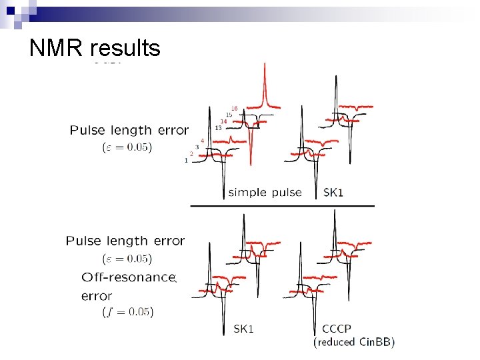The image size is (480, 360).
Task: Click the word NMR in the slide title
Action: coord(57,48)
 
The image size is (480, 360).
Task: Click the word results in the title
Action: coord(125,48)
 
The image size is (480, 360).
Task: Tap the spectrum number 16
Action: coord(234,108)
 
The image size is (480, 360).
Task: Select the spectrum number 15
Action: coord(229,115)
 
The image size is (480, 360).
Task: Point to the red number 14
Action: coord(223,121)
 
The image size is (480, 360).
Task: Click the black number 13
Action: coord(218,127)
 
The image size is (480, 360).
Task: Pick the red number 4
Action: coord(202,141)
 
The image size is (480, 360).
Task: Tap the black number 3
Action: coord(197,147)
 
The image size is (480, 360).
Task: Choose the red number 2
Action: coord(191,153)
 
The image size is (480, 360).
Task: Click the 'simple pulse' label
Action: coord(265,193)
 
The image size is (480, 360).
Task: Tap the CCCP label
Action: coord(336,329)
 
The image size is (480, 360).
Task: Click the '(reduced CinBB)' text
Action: coord(354,342)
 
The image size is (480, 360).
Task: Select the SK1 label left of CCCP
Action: coord(243,329)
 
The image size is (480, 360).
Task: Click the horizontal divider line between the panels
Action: coord(283,206)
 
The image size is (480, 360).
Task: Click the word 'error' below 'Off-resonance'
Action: coord(97,295)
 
